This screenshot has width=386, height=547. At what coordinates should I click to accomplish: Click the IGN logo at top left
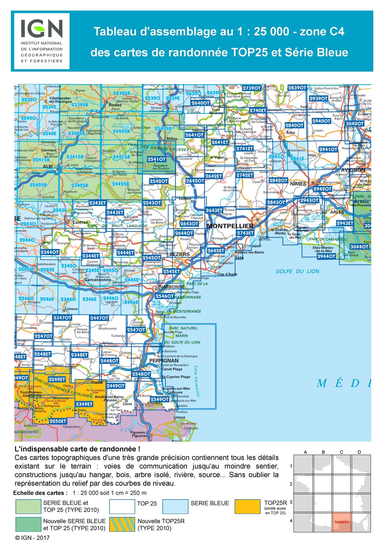click(x=42, y=41)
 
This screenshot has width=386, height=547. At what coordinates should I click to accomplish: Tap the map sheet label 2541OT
click(x=156, y=159)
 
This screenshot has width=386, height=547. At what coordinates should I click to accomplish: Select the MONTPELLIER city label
click(x=230, y=226)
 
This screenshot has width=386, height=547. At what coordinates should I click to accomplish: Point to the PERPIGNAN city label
click(x=164, y=361)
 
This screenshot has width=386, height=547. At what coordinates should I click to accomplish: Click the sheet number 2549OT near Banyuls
click(x=160, y=400)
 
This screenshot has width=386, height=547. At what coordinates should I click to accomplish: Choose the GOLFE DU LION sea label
click(x=297, y=271)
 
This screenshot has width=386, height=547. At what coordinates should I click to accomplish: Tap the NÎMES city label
click(x=298, y=184)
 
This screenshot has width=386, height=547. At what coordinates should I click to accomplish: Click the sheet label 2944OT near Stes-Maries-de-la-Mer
click(x=326, y=256)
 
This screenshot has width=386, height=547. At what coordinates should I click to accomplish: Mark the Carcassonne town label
click(x=98, y=280)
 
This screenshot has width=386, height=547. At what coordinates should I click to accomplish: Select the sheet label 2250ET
click(x=58, y=421)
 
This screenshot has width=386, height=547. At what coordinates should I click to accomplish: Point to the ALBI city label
click(x=48, y=167)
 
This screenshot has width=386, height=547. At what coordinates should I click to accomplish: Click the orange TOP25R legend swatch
click(x=247, y=507)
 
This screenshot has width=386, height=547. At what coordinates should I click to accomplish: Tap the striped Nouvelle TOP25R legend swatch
click(x=122, y=524)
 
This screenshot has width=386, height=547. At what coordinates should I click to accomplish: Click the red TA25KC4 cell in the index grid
click(x=341, y=522)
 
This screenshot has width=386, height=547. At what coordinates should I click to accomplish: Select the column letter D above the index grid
click(x=359, y=452)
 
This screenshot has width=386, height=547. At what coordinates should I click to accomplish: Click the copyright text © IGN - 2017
click(x=32, y=538)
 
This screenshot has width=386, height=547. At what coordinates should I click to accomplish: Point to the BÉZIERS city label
click(x=180, y=254)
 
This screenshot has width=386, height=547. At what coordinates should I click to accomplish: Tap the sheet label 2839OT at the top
click(x=297, y=88)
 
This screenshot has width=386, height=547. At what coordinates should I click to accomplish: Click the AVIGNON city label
click(x=353, y=170)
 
